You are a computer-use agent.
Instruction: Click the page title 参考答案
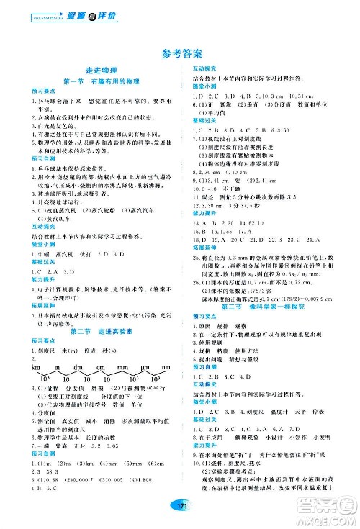click(180, 54)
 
